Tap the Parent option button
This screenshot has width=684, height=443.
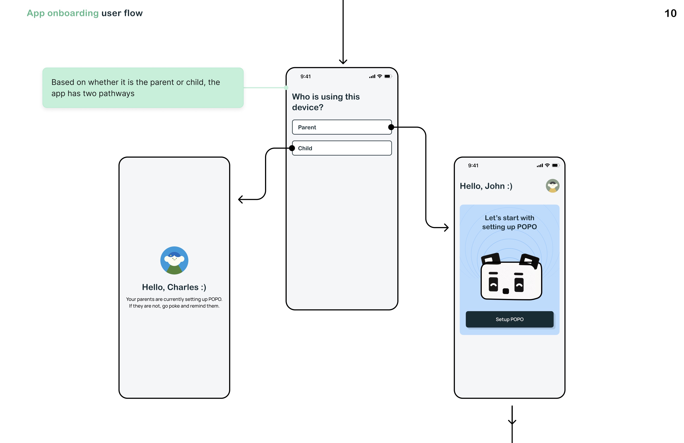[x=342, y=127]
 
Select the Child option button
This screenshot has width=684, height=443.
[x=342, y=148]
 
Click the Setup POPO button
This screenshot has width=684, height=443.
[x=509, y=319]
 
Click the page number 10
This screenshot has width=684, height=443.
[x=670, y=13]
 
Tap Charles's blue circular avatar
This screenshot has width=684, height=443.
[x=174, y=260]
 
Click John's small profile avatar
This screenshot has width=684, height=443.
[x=552, y=186]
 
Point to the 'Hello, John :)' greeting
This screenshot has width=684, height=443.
[x=486, y=186]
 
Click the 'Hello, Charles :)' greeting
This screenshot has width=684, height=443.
[x=174, y=287]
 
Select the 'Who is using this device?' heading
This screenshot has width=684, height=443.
[x=326, y=102]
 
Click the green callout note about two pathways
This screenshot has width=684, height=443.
[x=143, y=88]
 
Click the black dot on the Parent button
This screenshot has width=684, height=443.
[x=391, y=127]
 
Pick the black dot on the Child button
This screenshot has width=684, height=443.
[x=292, y=148]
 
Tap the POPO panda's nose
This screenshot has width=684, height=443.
[x=506, y=291]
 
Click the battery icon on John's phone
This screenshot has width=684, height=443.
[x=556, y=165]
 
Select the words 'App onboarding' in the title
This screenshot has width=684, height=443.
[x=63, y=13]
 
